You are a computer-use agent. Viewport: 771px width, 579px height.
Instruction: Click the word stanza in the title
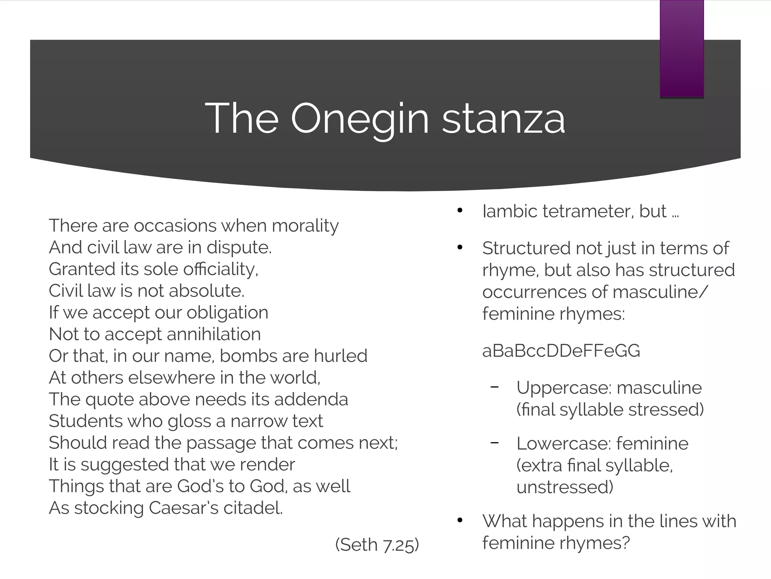[x=503, y=119]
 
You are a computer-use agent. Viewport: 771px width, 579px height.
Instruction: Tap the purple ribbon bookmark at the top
[x=681, y=49]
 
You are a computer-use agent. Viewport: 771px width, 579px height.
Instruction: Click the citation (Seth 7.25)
[x=377, y=545]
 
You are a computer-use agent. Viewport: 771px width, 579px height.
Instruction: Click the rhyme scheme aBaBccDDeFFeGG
[x=561, y=351]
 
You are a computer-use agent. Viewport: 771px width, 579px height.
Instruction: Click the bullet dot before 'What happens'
[x=459, y=521]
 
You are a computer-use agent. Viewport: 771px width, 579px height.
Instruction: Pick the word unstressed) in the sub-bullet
[x=565, y=487]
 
